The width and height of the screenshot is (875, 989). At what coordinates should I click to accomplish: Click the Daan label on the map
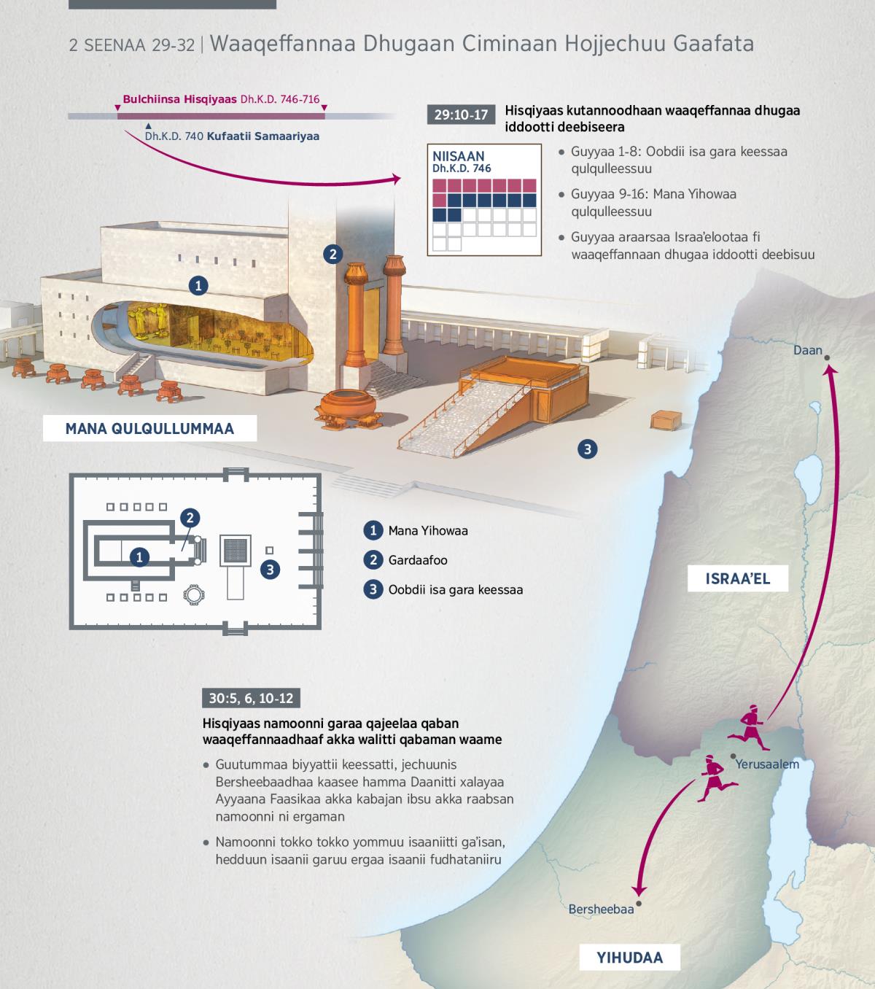coord(808,350)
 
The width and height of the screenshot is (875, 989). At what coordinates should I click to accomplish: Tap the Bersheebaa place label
coord(601,909)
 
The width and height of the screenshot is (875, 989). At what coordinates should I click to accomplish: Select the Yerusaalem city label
coord(767,764)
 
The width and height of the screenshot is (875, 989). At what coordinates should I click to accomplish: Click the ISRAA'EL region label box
coord(737,578)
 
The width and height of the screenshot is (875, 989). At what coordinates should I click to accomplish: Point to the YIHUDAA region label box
coord(629,957)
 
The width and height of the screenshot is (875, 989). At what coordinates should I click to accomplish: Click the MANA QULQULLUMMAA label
coord(149,429)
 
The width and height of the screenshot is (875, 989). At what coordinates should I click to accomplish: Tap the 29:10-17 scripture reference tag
coord(461,115)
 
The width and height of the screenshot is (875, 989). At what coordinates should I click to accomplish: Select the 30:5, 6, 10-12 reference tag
coord(251,698)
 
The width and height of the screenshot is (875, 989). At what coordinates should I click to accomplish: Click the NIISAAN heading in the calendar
coord(458,156)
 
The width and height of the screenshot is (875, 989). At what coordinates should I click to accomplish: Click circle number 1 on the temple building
coord(198,286)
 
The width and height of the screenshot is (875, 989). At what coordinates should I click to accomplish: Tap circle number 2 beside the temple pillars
coord(332,254)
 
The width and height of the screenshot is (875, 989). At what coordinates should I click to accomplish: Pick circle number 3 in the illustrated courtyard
coord(588,449)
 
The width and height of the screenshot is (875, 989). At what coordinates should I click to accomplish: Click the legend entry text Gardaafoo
coord(418,560)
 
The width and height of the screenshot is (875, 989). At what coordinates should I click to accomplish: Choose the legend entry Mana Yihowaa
coord(428,531)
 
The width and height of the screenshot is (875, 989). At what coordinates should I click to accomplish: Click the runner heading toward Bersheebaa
coord(716,778)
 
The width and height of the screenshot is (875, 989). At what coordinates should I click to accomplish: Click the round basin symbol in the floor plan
coord(194,594)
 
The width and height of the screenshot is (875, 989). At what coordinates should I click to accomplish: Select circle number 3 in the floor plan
coord(270,569)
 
